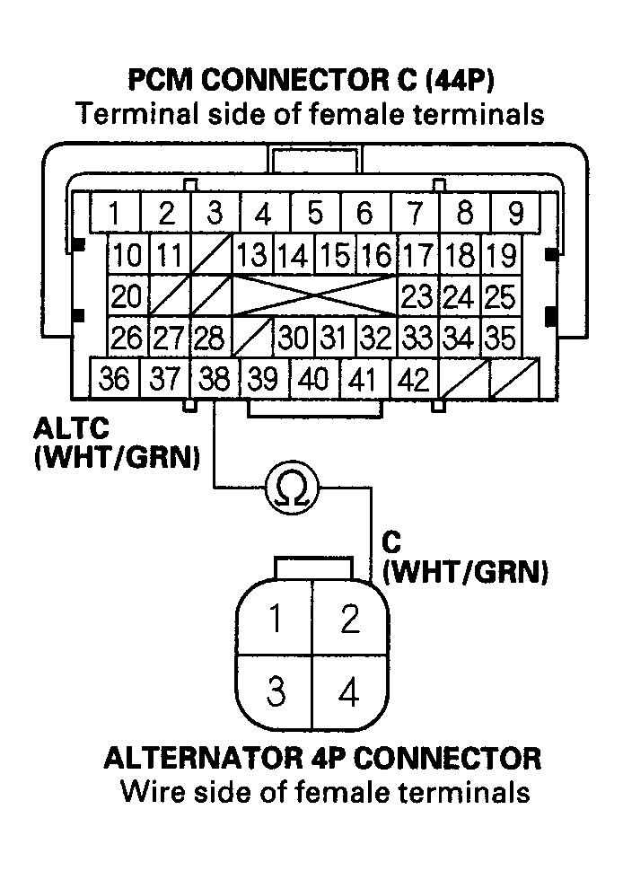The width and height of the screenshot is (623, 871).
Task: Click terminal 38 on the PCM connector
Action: pos(214,379)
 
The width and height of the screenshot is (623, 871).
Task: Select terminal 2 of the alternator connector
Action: pos(350,620)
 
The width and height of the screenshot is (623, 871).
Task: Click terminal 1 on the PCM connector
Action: pos(115,215)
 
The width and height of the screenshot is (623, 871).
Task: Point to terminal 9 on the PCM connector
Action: pos(515,215)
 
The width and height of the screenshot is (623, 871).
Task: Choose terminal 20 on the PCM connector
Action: pos(127,295)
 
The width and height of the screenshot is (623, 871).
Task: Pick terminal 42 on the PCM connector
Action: pos(413,379)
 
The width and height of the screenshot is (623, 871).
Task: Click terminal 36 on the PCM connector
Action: pos(114,379)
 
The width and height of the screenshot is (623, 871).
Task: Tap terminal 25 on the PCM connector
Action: pos(500,295)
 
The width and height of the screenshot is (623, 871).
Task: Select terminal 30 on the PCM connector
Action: pos(292,338)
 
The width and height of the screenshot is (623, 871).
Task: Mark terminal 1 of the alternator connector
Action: pos(276,620)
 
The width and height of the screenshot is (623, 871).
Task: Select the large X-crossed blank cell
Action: pos(315,295)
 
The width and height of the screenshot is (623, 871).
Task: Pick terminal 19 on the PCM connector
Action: pos(500,255)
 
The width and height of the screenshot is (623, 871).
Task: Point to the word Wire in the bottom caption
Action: pos(150,792)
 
